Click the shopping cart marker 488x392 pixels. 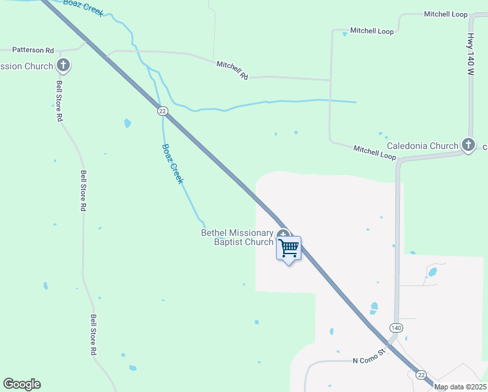point(288,248)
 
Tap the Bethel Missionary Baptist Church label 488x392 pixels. point(237,238)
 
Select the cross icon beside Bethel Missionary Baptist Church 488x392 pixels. point(283,235)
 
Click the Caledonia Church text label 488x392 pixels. point(423,146)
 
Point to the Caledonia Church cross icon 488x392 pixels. point(468,144)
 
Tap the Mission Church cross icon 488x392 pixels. point(63,65)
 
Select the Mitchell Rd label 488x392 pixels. point(232,71)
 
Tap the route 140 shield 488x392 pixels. point(395,327)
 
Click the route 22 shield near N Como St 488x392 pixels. point(421,374)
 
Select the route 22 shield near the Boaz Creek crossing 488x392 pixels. point(162,111)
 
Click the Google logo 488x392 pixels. point(22,384)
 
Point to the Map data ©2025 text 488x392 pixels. point(461,387)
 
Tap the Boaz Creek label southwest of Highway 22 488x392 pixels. point(172,163)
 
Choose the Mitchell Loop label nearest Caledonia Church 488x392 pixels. point(374,151)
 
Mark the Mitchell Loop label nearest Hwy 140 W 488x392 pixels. point(445,14)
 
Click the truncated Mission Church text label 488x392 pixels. point(27,66)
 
